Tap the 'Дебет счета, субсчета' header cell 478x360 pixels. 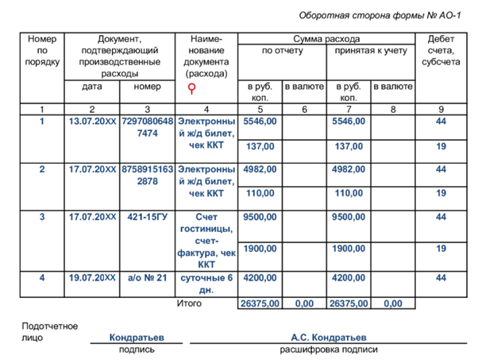441,50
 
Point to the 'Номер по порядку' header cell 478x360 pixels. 41,50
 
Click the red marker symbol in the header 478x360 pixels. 191,88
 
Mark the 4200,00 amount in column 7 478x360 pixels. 349,278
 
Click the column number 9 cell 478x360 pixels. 441,108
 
